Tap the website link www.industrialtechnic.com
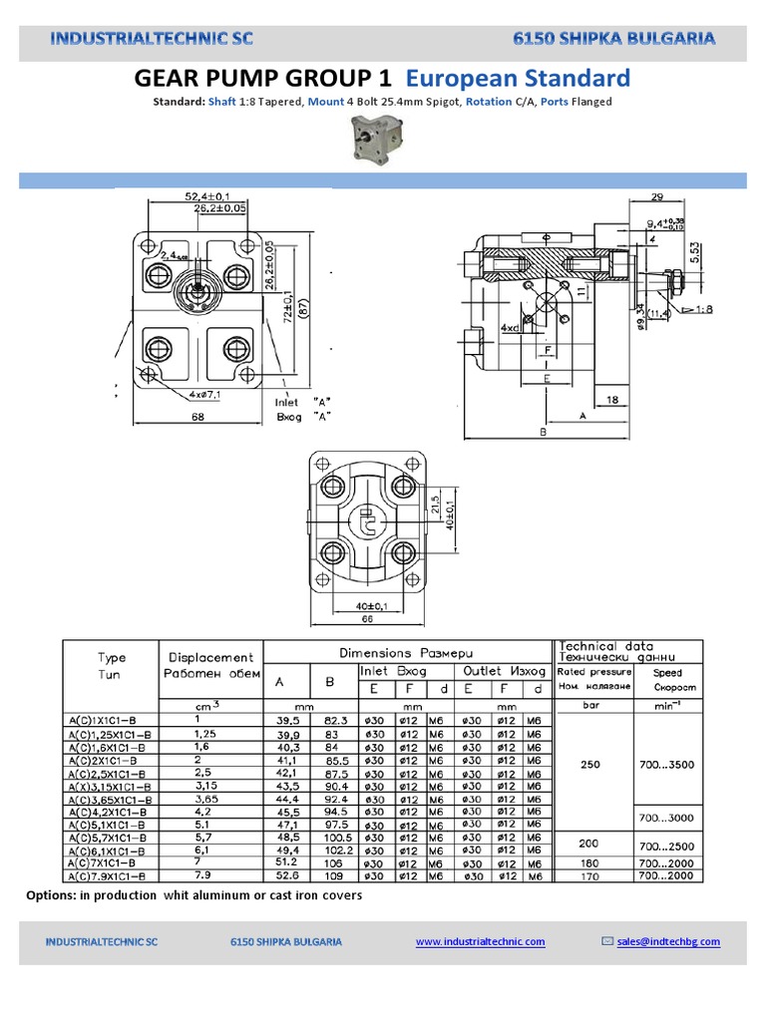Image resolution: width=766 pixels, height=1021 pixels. [480, 941]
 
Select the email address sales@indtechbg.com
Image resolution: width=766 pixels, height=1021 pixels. [667, 941]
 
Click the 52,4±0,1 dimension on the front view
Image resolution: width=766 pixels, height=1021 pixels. [207, 196]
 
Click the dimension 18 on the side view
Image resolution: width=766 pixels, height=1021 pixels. [613, 399]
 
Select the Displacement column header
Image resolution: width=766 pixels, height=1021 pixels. [211, 657]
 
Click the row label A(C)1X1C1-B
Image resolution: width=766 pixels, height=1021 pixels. [107, 720]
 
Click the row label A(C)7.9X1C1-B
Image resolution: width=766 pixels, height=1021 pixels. [111, 876]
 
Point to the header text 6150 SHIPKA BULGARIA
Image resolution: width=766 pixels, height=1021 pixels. [613, 39]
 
